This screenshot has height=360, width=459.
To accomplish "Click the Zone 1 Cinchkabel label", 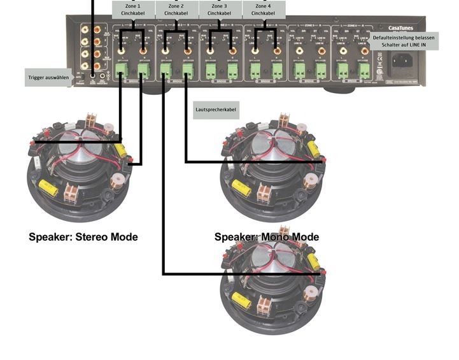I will (x=133, y=9).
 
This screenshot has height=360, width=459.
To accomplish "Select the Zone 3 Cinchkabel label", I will (x=221, y=9).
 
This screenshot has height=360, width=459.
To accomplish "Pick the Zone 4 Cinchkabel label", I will (x=264, y=9).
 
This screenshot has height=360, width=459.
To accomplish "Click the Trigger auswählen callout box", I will (x=48, y=77).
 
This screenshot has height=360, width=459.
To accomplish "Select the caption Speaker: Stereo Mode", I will (x=83, y=237).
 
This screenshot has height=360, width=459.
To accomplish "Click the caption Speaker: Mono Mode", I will (x=267, y=237).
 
